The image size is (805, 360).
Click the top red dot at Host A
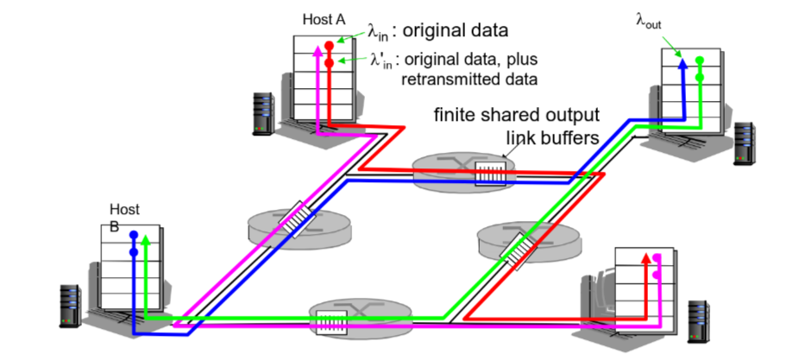(329, 41)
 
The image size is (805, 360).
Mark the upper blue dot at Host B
(134, 235)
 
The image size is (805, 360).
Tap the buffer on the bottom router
(330, 320)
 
